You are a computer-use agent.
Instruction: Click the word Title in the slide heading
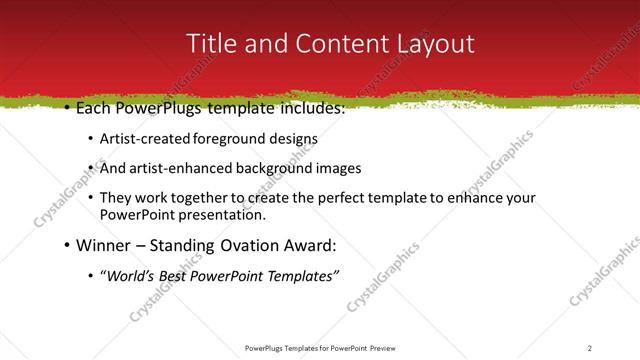212,44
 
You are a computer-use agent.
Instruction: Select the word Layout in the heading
431,44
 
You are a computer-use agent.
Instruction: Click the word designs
293,139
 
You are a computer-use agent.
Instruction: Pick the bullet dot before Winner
66,245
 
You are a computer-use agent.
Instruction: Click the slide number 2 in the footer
590,347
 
